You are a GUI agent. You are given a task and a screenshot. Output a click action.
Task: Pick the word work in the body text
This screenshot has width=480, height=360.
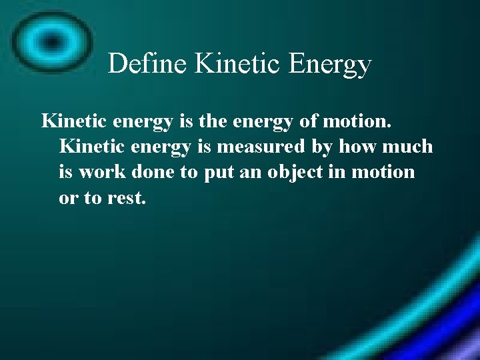click(100, 172)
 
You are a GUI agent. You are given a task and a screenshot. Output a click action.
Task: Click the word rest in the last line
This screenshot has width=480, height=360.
click(125, 198)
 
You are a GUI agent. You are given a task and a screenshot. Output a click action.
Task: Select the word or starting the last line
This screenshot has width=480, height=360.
click(69, 198)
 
